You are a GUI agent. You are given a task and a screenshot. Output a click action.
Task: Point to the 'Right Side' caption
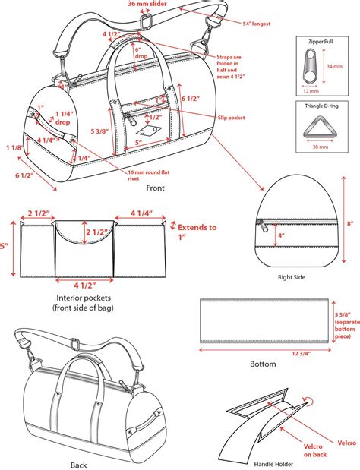pyautogui.click(x=291, y=278)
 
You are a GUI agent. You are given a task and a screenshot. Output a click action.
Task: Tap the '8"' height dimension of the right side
pyautogui.click(x=351, y=224)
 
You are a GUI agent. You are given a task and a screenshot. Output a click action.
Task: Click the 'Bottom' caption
pyautogui.click(x=263, y=364)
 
